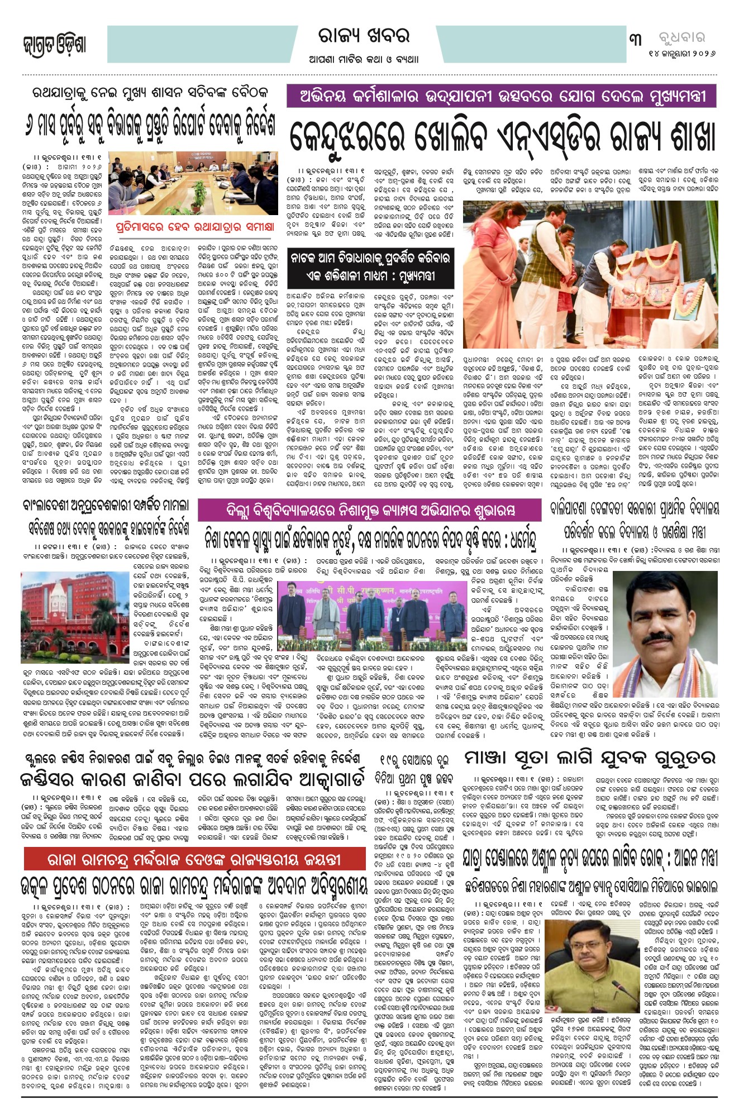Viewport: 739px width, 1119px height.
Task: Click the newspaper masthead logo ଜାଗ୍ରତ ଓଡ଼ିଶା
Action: (54, 44)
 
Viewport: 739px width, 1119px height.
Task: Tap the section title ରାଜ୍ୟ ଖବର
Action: (364, 36)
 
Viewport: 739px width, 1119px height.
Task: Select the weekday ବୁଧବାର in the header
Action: (682, 38)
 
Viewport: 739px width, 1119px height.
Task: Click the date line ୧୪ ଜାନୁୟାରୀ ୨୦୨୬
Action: (682, 54)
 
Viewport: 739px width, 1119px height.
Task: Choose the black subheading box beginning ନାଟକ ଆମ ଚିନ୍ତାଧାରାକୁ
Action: (370, 267)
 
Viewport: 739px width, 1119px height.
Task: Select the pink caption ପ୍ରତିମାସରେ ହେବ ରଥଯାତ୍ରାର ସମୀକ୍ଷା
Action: (195, 227)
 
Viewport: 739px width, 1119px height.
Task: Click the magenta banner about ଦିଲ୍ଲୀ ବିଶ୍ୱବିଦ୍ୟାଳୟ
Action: (370, 510)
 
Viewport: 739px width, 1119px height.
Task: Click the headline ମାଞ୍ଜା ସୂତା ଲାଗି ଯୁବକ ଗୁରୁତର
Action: (589, 758)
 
